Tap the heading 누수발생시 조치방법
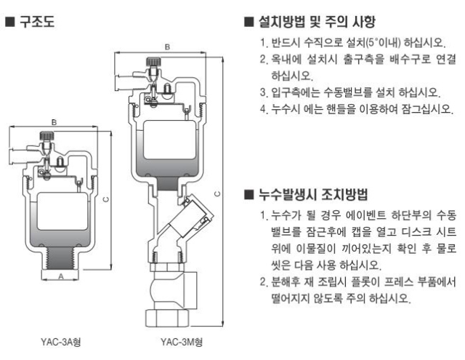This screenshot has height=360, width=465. [x=312, y=194]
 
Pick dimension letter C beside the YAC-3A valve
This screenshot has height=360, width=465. [x=106, y=198]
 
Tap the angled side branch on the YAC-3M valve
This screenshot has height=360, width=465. [x=195, y=216]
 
